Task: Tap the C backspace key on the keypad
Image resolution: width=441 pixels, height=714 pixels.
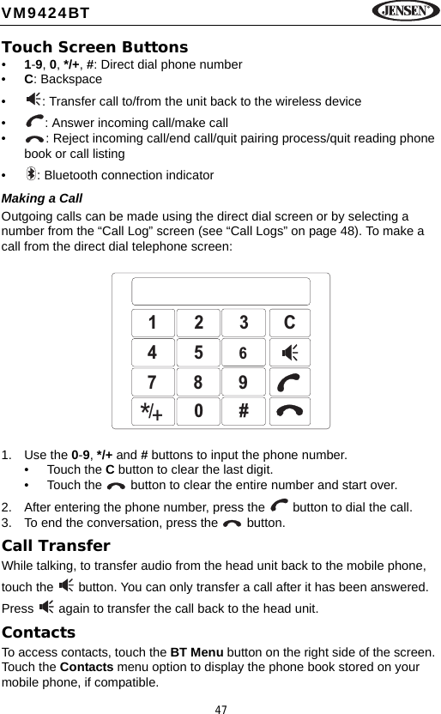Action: (289, 323)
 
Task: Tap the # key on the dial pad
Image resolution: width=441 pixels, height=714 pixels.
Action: (244, 411)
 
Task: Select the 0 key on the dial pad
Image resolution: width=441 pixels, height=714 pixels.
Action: (198, 411)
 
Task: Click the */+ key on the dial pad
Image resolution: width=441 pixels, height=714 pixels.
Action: (152, 411)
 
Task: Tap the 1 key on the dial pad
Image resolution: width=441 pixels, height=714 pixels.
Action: (152, 323)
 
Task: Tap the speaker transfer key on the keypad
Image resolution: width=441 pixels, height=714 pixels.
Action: (289, 353)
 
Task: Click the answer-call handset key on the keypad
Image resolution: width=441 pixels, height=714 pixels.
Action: (289, 382)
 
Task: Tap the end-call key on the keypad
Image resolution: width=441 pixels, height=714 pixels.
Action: (289, 411)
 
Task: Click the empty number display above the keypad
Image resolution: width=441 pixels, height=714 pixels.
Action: (220, 291)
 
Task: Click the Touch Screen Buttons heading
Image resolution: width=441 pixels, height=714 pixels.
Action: (95, 47)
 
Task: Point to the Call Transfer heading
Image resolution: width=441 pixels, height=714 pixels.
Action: (57, 546)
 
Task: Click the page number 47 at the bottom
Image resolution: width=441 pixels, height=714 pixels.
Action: (220, 708)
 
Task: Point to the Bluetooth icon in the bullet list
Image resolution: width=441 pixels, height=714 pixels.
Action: (32, 175)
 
